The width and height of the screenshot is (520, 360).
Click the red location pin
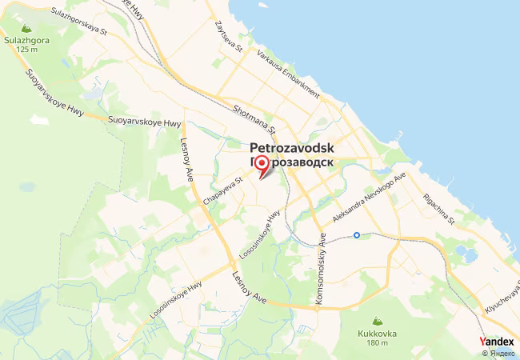[260, 166]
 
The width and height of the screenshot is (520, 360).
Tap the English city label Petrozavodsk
[292, 148]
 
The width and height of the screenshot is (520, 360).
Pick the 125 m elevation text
[26, 49]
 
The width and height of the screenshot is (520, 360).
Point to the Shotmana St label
[254, 118]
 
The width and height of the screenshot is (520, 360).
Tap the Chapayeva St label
[222, 193]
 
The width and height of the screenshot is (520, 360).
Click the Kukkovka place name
[374, 332]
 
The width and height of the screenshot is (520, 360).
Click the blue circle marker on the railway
[357, 235]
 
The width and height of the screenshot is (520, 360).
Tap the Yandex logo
[497, 341]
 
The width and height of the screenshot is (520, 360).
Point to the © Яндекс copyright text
[497, 353]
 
